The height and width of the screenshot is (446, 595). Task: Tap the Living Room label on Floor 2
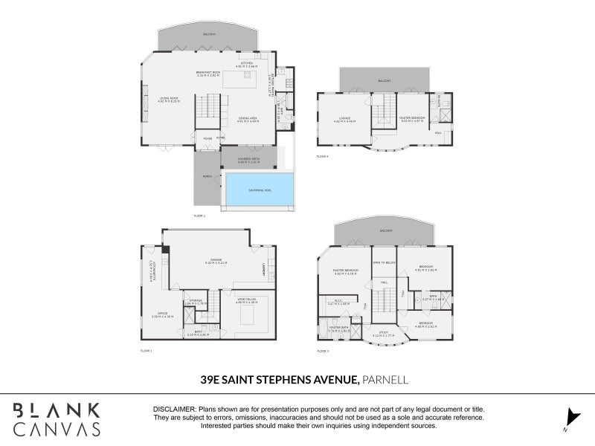[x=167, y=97]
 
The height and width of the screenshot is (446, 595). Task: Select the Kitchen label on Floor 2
[x=247, y=64]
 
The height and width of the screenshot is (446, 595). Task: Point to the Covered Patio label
[x=248, y=160]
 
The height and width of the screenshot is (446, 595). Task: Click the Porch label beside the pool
[x=207, y=176]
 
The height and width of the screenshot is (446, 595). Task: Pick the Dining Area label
[x=248, y=119]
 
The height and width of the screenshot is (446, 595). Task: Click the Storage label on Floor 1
[x=196, y=302]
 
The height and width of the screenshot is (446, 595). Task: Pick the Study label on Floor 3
[x=384, y=333]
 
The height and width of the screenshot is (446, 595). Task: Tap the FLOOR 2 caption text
[x=199, y=216]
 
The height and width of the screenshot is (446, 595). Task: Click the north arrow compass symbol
[x=571, y=418]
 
